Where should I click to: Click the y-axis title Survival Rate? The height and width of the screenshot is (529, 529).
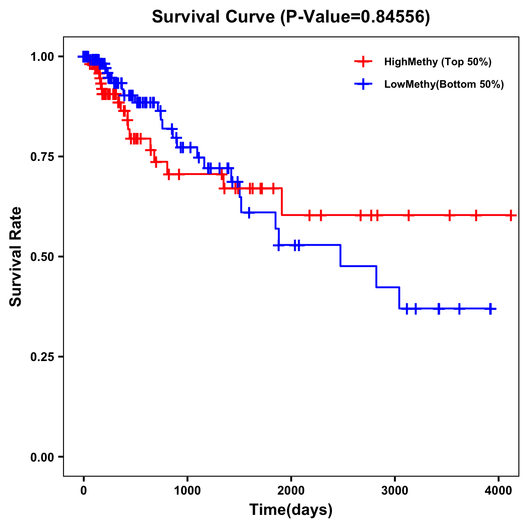tap(16, 256)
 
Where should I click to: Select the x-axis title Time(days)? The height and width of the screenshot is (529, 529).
tap(291, 510)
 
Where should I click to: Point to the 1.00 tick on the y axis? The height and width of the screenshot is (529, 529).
tap(42, 56)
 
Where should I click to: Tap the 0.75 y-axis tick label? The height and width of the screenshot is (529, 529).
tap(42, 156)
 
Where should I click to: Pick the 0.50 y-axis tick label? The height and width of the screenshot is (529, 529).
tap(42, 257)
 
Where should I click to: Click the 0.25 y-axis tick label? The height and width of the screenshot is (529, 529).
tap(42, 357)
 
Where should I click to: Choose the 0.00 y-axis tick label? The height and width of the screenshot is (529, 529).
tap(42, 457)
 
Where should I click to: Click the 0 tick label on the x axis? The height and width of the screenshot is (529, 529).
tap(83, 490)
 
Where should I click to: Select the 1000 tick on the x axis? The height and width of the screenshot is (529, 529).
tap(187, 490)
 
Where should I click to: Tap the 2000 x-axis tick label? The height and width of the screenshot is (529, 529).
tap(291, 490)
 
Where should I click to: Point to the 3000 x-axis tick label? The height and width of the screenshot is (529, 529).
tap(395, 490)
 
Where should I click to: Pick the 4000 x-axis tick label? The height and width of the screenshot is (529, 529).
tap(499, 490)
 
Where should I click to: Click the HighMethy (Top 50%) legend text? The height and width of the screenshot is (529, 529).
tap(437, 62)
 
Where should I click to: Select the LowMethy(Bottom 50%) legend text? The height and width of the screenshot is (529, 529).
tap(444, 84)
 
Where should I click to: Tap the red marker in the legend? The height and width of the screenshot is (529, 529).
tap(363, 62)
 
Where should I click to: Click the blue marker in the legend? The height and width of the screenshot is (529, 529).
tap(363, 84)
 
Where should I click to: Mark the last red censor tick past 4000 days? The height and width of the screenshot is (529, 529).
tap(511, 216)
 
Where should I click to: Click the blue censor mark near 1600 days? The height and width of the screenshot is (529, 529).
tap(249, 212)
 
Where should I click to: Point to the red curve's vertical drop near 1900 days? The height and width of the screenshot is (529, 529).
tap(282, 202)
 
